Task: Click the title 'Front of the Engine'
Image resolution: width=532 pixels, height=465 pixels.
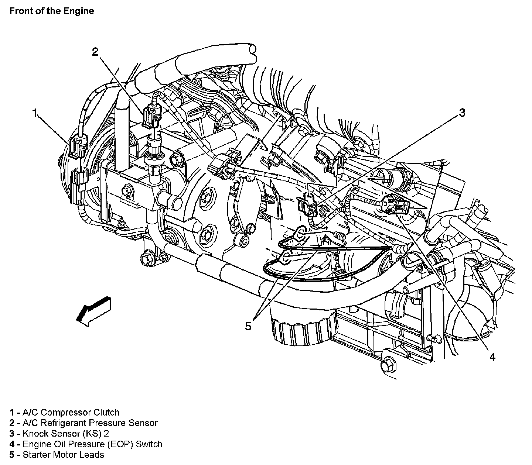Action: pyautogui.click(x=52, y=11)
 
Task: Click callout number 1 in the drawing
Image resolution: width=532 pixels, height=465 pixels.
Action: pyautogui.click(x=35, y=113)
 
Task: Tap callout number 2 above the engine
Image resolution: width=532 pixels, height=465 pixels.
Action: pyautogui.click(x=95, y=52)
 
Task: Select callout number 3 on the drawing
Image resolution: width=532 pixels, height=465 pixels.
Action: pyautogui.click(x=462, y=113)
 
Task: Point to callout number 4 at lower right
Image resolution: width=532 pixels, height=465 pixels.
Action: pyautogui.click(x=492, y=356)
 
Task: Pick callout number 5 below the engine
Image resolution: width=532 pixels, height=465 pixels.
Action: pyautogui.click(x=248, y=326)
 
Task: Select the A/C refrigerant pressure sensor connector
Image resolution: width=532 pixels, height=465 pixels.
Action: pyautogui.click(x=151, y=116)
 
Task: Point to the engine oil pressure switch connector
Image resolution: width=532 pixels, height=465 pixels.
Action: pyautogui.click(x=394, y=205)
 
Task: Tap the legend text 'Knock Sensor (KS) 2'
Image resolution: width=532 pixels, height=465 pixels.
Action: pyautogui.click(x=65, y=434)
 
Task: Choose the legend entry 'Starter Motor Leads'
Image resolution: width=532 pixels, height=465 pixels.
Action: pyautogui.click(x=63, y=455)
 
